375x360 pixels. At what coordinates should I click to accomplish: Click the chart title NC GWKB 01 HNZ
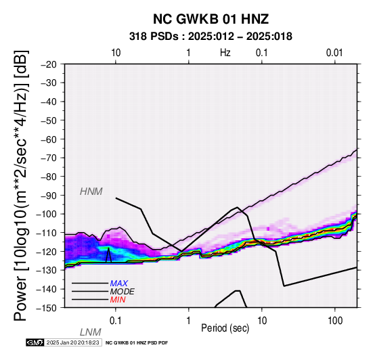click(211, 19)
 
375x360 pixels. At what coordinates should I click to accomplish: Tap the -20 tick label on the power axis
click(49, 64)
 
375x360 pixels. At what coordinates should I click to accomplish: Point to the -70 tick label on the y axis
click(49, 158)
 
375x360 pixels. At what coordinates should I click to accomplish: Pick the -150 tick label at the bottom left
click(47, 308)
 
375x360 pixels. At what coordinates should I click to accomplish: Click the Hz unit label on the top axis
click(225, 53)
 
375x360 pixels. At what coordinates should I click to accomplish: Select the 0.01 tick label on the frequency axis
click(334, 53)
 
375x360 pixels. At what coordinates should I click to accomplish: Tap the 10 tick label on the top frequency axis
click(116, 53)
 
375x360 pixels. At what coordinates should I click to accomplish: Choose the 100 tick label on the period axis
click(335, 321)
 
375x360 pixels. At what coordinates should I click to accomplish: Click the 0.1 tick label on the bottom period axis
click(116, 321)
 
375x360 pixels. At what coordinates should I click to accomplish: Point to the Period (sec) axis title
click(225, 328)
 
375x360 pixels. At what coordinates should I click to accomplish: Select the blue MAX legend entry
click(119, 284)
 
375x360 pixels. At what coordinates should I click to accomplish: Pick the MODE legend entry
click(123, 292)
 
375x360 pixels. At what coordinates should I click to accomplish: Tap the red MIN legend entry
click(118, 300)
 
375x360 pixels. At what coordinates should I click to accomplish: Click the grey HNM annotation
click(91, 192)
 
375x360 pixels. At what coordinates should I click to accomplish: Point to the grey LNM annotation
click(91, 332)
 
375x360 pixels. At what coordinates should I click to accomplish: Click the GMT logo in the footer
click(35, 342)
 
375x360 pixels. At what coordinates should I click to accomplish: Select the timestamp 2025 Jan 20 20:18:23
click(72, 342)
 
